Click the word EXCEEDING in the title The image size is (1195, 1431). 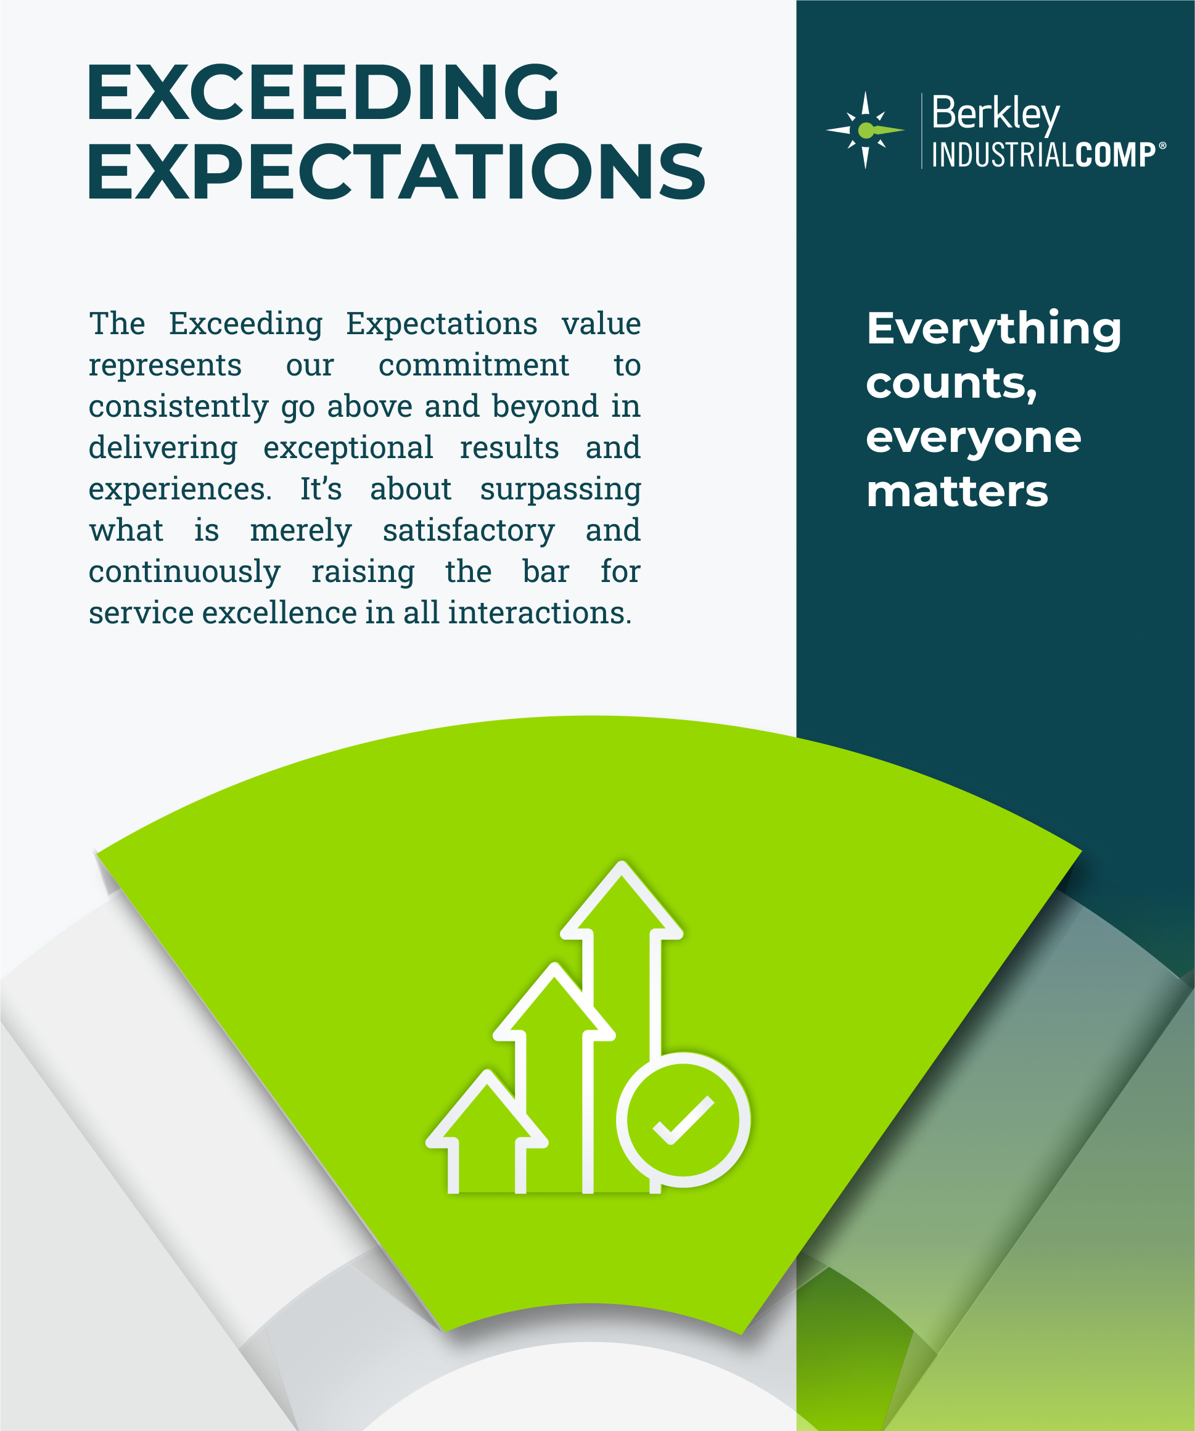tap(322, 92)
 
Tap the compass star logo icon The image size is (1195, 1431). tap(865, 129)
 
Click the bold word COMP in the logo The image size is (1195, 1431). tap(1115, 155)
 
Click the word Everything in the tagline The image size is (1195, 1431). tap(993, 329)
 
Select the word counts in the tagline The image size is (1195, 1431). tap(950, 383)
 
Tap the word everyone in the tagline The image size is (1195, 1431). tap(974, 438)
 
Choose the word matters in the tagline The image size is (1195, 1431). tap(957, 492)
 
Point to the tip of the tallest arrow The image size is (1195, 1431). tap(621, 866)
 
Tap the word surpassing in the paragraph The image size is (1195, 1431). tap(561, 490)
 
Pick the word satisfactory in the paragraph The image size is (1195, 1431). tap(469, 530)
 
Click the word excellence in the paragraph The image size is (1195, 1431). tap(279, 613)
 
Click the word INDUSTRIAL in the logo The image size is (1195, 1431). tap(1003, 155)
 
